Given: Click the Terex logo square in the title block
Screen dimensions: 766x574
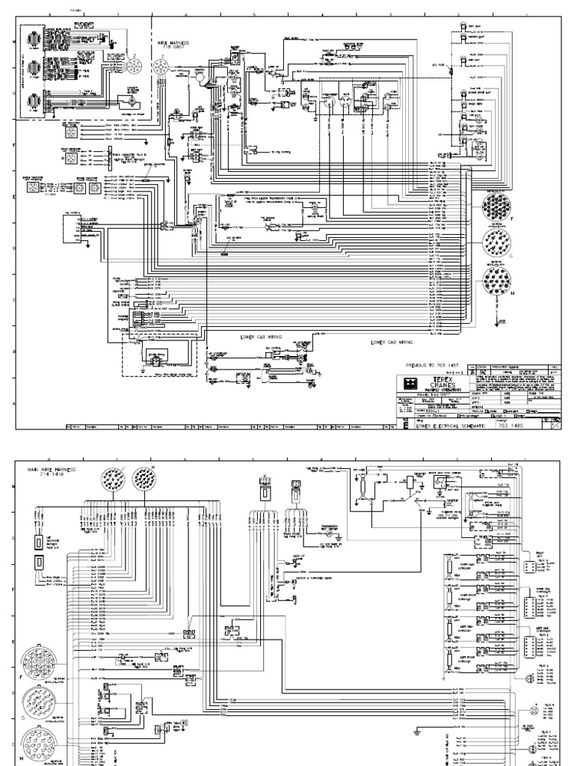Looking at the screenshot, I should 407,383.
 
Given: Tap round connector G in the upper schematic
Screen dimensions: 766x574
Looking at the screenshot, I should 497,243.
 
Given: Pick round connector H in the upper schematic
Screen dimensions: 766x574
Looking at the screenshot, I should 497,282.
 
